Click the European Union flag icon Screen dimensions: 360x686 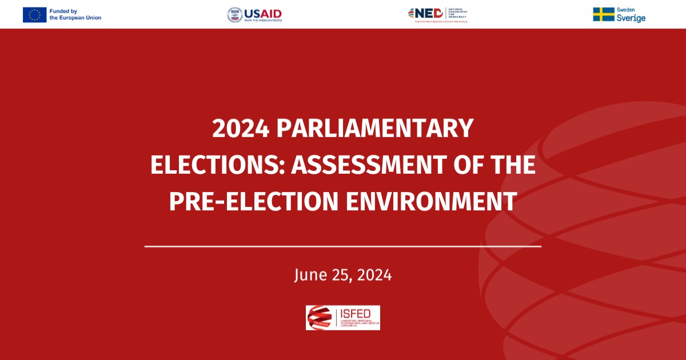34,14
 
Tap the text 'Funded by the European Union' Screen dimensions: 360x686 75,14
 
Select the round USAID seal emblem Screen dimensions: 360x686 234,15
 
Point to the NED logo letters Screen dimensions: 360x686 428,13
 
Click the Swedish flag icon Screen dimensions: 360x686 603,14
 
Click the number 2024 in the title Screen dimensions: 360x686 240,129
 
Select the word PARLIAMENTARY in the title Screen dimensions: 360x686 376,129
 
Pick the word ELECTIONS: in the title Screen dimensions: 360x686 217,165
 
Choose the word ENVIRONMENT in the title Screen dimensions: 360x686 432,202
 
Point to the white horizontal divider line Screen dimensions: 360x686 343,246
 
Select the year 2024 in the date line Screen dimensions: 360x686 374,275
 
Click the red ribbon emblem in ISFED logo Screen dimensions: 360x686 319,317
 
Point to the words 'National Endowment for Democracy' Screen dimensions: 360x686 458,13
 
